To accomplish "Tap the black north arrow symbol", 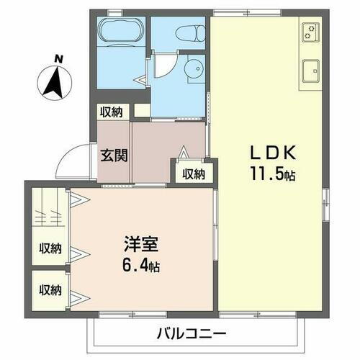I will point(53,81).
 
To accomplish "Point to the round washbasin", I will point(193,68).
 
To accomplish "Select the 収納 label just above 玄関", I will point(112,112).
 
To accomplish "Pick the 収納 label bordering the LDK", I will point(192,174).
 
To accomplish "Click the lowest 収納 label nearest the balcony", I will point(50,290).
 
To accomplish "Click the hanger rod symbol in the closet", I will point(47,214).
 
